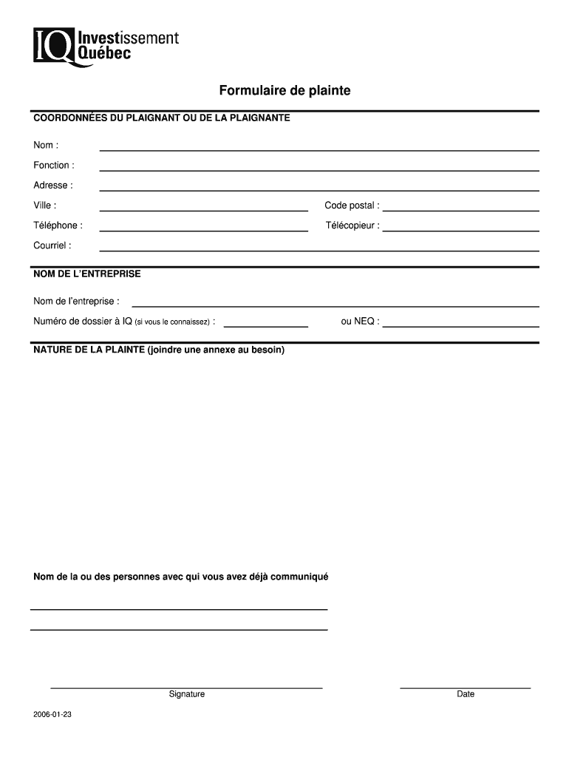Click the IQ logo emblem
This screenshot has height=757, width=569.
[53, 46]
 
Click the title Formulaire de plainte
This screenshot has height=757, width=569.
[284, 91]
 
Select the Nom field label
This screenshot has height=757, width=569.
[45, 145]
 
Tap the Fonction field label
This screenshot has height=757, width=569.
[53, 165]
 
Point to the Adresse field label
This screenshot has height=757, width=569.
[52, 185]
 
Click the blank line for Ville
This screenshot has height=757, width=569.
[203, 209]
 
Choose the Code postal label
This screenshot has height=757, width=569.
[352, 206]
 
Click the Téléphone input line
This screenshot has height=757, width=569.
[203, 229]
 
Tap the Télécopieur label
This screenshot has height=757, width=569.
[352, 225]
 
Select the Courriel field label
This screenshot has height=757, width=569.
[52, 245]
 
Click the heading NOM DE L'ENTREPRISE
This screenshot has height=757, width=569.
[86, 274]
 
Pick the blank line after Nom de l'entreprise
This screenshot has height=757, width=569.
[335, 305]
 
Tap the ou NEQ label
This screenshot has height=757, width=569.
[360, 321]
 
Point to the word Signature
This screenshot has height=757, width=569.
[186, 694]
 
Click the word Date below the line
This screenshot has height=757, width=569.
[466, 694]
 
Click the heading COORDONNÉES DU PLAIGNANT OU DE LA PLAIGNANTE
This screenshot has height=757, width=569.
[161, 118]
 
